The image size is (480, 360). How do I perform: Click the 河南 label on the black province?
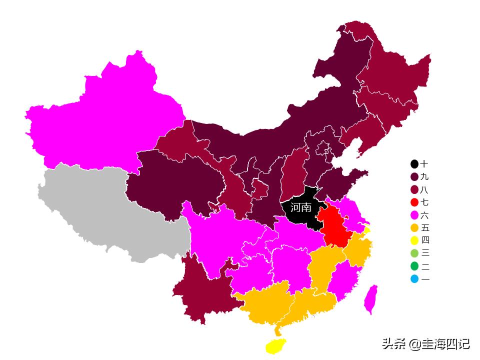[301, 207]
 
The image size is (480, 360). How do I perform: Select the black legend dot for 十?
[414, 164]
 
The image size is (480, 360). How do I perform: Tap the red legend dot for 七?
[414, 202]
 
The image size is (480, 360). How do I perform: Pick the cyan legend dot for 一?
[414, 279]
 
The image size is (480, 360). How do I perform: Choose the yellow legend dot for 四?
[414, 240]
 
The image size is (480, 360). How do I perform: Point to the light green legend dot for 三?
[414, 253]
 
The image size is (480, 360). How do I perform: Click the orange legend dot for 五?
[414, 228]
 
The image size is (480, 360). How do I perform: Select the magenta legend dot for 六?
[414, 215]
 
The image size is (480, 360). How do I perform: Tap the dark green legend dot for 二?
[414, 266]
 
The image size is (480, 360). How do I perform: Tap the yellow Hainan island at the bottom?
[275, 345]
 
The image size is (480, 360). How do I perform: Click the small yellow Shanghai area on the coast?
[367, 230]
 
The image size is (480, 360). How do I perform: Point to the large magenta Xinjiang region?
[105, 120]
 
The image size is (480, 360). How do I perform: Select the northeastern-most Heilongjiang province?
[395, 75]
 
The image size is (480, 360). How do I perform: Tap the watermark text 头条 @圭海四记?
[425, 343]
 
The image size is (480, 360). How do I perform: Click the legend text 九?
[424, 177]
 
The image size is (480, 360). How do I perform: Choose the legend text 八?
[424, 190]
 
